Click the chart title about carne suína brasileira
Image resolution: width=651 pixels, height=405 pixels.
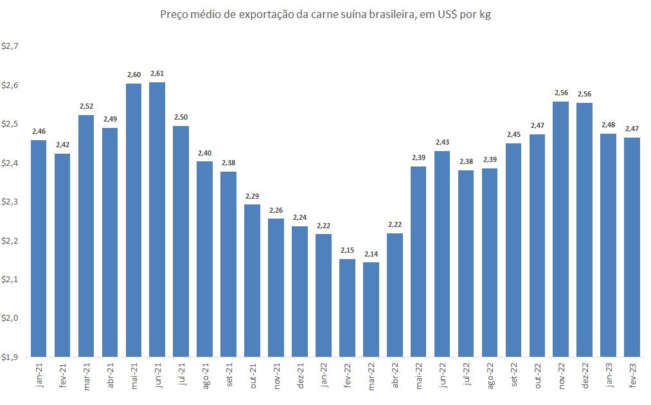[x=325, y=14]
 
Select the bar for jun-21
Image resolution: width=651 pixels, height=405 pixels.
[x=157, y=219]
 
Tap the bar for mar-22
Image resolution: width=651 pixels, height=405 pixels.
[x=371, y=309]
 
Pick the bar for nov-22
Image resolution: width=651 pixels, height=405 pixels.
[x=560, y=228]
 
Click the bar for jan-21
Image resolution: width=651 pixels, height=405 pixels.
[x=39, y=248]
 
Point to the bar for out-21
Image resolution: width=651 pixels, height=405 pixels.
[x=253, y=280]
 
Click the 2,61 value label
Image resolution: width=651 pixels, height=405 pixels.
[x=157, y=74]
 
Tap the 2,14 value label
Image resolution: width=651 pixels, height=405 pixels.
[x=371, y=254]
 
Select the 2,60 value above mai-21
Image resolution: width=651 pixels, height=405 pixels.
[x=134, y=75]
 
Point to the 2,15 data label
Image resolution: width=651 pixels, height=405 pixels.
[x=347, y=251]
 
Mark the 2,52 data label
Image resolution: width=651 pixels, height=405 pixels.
[x=86, y=107]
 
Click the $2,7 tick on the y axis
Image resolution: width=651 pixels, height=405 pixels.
[x=11, y=46]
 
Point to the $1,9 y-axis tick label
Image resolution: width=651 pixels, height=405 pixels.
[x=11, y=357]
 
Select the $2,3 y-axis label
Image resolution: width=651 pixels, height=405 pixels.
[x=11, y=202]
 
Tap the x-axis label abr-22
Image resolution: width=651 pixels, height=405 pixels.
[x=395, y=375]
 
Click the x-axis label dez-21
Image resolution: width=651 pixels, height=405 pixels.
[x=300, y=375]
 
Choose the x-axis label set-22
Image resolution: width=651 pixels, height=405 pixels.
[x=513, y=375]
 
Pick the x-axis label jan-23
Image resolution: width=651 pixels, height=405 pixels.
[x=609, y=375]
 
